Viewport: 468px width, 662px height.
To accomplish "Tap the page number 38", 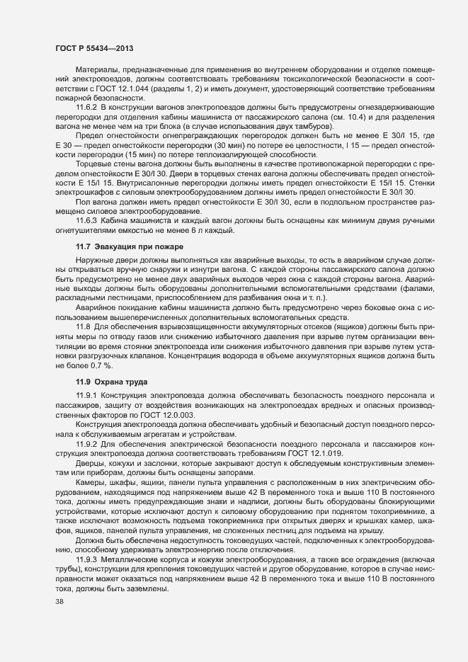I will tap(59, 602).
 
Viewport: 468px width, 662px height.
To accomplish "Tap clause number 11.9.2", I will tap(87, 443).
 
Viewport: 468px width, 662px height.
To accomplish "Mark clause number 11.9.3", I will tap(87, 559).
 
